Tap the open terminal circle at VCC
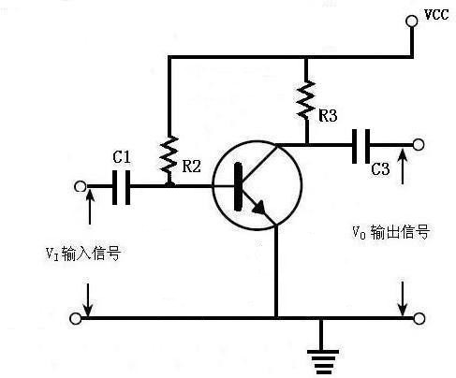pos(413,18)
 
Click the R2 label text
pos(191,167)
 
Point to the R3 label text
pos(328,116)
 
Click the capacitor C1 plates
pos(121,187)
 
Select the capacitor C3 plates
pos(361,146)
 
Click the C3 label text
pos(380,169)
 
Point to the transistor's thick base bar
pos(239,185)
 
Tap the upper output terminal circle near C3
pos(418,146)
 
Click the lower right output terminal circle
pos(418,318)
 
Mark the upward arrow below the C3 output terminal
pos(403,168)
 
